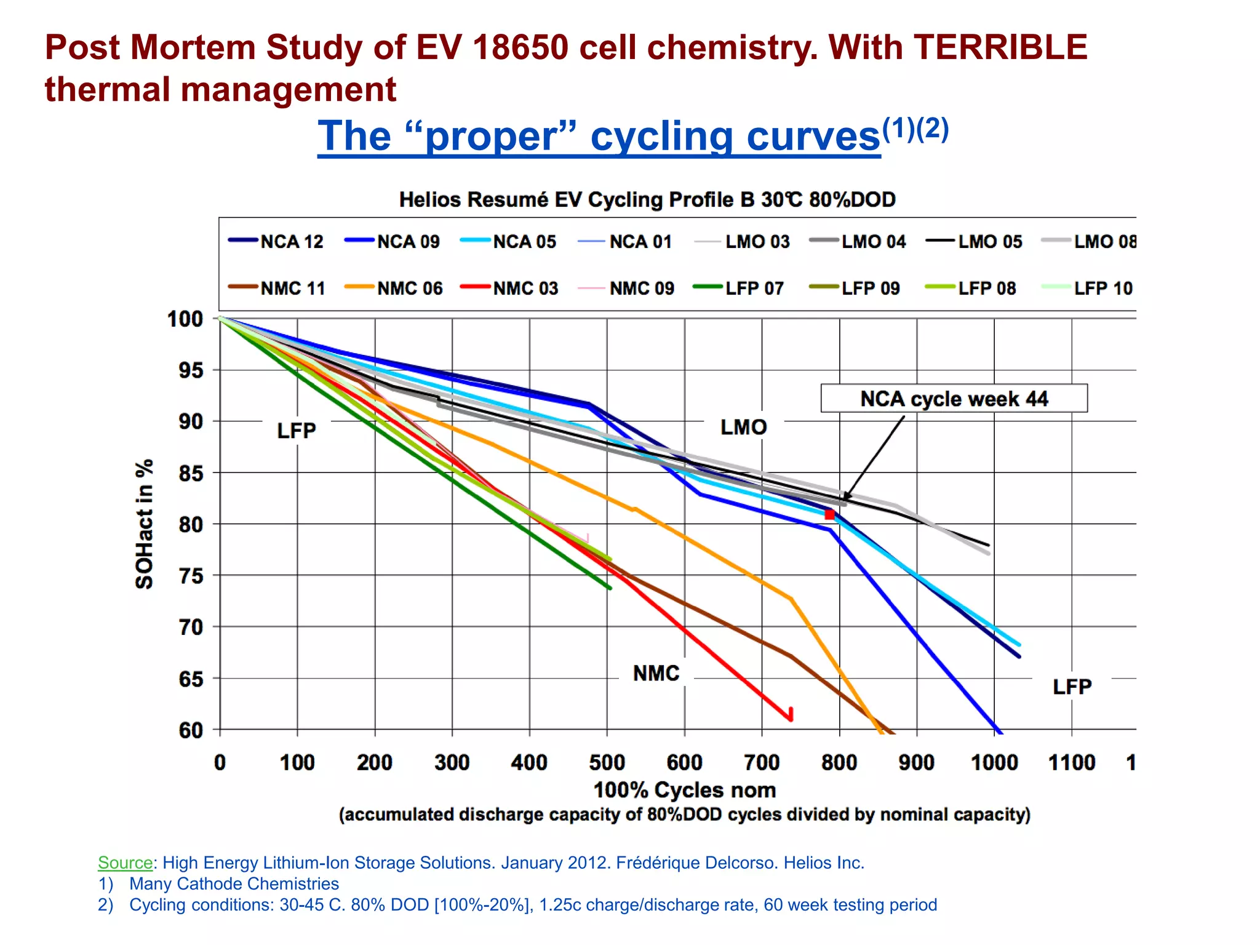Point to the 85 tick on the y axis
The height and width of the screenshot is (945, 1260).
pos(191,474)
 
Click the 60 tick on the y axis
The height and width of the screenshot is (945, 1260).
pos(191,730)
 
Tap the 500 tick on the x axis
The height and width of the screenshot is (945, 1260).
pos(607,763)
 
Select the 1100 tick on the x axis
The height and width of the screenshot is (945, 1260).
pos(1071,763)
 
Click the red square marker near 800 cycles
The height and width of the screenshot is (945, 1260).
pos(829,514)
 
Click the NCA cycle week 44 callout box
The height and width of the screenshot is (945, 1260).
pos(954,399)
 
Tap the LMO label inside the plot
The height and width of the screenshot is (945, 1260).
pos(743,427)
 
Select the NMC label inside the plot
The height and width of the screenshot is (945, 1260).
pos(656,673)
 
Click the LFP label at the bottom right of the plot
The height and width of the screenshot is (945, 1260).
pos(1072,687)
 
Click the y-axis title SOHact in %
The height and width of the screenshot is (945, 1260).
pos(144,524)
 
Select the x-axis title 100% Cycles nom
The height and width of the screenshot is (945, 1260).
pos(684,790)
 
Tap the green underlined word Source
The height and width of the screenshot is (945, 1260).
pos(126,863)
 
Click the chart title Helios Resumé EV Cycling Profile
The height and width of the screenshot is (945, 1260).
pos(647,199)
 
